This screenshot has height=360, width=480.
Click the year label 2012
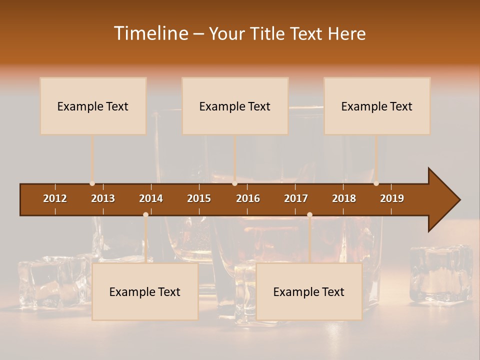[x=55, y=198]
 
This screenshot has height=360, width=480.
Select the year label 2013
[x=103, y=198]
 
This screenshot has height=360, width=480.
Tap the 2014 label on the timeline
[x=151, y=198]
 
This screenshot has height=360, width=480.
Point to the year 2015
[x=199, y=198]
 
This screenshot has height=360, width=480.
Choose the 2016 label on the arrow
[x=248, y=198]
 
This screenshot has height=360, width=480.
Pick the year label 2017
[x=296, y=198]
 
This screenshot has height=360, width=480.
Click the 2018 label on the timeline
[x=344, y=198]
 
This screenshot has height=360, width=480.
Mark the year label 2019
[x=392, y=198]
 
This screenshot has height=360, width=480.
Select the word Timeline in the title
[x=151, y=33]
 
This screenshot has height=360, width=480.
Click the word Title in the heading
[x=268, y=34]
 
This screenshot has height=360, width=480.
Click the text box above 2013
[x=93, y=106]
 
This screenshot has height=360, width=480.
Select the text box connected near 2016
[x=235, y=106]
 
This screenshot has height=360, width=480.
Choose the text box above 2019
[x=377, y=106]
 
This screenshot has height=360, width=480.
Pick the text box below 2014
[x=145, y=291]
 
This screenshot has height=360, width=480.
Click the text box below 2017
[x=309, y=291]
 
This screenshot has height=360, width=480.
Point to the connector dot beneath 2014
[x=145, y=214]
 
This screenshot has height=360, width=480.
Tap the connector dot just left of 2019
[x=376, y=183]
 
